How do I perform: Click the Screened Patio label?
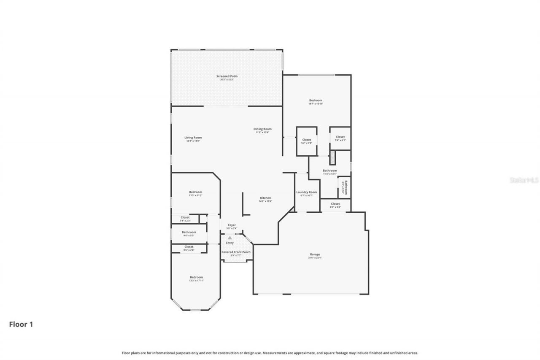pos(227,76)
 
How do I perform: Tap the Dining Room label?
pos(262,129)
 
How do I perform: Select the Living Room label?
pos(193,138)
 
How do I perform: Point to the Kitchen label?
pos(265,198)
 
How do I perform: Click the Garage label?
pos(315,254)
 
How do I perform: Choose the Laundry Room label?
pos(306,192)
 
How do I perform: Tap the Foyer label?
pos(232,225)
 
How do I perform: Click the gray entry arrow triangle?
pos(230,238)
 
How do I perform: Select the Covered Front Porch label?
pos(236,252)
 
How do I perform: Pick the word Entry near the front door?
pos(230,243)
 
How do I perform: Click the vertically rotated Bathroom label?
pos(346,187)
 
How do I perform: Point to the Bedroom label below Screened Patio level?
pos(316,100)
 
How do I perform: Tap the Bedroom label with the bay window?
pos(196,277)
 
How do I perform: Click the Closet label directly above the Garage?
pos(335,204)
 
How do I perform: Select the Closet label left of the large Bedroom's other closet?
pos(306,140)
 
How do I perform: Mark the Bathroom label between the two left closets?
pos(189,232)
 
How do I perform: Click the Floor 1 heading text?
pos(21,325)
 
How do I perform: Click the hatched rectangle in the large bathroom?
pos(332,158)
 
